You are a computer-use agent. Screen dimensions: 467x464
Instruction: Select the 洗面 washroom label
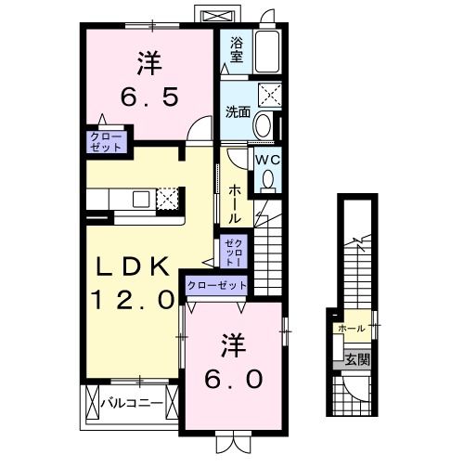coord(238,112)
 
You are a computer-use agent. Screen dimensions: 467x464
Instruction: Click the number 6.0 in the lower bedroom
coord(233,378)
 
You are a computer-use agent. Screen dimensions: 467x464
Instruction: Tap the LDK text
coord(133,267)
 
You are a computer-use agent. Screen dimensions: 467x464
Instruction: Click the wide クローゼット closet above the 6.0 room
coord(217,286)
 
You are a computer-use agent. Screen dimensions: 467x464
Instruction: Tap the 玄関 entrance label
coord(356,358)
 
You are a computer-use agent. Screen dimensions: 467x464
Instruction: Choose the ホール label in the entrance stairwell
coord(351,329)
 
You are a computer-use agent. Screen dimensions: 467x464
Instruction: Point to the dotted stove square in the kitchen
coord(167,198)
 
